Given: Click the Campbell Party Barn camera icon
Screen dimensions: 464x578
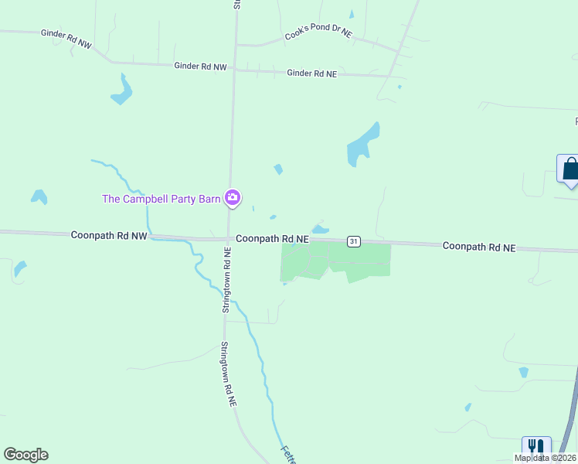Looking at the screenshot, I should [x=232, y=198].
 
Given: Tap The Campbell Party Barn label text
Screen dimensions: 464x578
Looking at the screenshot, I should [x=161, y=199].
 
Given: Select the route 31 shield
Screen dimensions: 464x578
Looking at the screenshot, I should [x=353, y=241].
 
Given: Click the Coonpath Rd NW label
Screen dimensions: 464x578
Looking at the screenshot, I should [x=108, y=234].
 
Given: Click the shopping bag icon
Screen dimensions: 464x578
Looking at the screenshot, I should [x=570, y=169].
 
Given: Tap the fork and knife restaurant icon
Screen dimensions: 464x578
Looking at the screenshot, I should [x=535, y=449].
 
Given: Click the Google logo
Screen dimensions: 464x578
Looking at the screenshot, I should [x=25, y=455].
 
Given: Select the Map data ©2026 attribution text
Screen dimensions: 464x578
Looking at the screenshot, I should [x=545, y=458].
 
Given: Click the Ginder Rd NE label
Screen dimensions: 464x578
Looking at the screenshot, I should [x=311, y=73].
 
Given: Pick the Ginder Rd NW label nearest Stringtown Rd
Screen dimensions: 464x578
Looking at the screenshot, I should [x=200, y=67].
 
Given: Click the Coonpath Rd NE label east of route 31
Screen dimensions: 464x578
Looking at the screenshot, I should [x=478, y=246].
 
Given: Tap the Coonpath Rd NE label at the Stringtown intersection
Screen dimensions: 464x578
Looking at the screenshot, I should [x=272, y=239].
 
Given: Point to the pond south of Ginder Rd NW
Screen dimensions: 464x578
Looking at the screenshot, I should [x=121, y=90].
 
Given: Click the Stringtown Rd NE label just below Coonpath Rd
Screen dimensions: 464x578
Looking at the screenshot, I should [x=226, y=279].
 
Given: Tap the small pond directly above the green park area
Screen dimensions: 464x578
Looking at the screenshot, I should [x=321, y=229].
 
